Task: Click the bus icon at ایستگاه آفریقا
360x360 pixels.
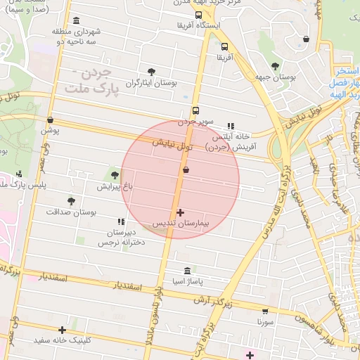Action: [x=199, y=15]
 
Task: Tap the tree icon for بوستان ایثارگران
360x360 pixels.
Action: [x=151, y=71]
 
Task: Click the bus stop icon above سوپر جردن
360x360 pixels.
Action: [x=195, y=110]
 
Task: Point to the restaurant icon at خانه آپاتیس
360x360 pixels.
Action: [x=231, y=126]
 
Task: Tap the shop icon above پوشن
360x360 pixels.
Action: [x=50, y=120]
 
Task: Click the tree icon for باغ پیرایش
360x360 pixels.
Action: [x=115, y=175]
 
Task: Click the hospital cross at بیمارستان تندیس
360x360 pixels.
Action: [x=181, y=212]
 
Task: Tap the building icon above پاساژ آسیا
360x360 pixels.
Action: [x=186, y=271]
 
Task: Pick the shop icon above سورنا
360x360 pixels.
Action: [x=264, y=311]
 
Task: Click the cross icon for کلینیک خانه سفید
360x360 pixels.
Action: [x=63, y=330]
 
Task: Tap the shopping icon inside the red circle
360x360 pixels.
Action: [x=186, y=170]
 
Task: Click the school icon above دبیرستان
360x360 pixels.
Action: [x=129, y=221]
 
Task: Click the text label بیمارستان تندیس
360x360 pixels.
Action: [x=182, y=224]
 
